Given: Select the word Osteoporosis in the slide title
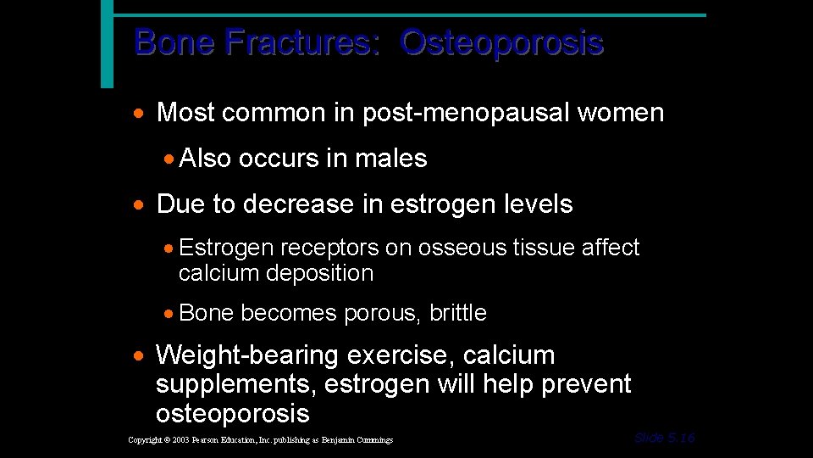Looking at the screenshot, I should tap(502, 42).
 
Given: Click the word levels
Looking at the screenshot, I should tap(537, 204).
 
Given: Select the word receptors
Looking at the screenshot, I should tap(329, 248).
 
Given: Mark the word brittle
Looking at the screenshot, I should tap(458, 313).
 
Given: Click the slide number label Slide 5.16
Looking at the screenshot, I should tap(664, 438).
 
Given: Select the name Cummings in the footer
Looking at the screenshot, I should tap(375, 440).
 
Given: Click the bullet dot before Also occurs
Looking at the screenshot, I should tap(169, 159).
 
